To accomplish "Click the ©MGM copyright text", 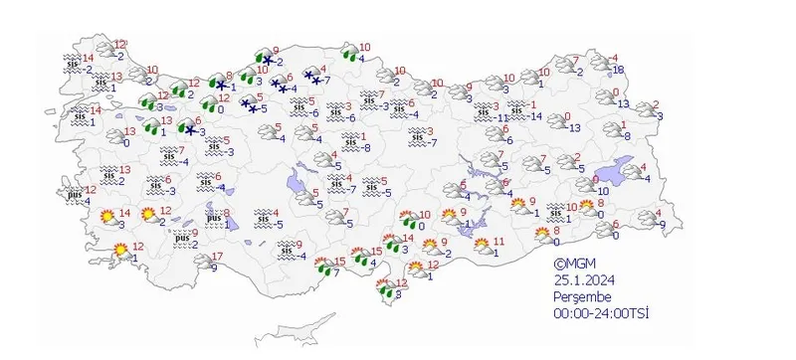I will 574,264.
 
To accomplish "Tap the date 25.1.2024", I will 582,280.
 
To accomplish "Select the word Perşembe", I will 584,297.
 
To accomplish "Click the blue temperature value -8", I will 365,148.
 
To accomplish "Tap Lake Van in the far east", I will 628,172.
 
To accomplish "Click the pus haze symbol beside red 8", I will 214,218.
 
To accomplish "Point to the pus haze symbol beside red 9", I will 180,238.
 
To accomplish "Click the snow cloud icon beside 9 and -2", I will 266,60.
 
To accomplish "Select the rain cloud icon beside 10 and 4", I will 350,51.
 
